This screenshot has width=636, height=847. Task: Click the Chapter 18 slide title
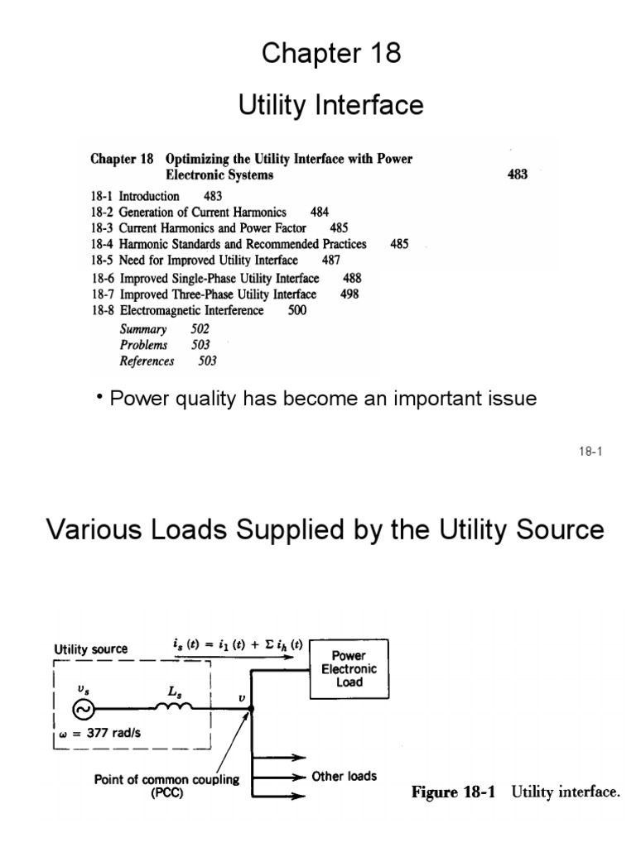(x=331, y=54)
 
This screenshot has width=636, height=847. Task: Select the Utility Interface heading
(x=330, y=105)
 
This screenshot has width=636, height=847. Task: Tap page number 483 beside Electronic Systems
(x=517, y=175)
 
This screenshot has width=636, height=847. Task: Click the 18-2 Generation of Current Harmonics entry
(x=198, y=212)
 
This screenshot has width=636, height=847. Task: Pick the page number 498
(x=349, y=294)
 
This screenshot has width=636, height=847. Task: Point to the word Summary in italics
(x=143, y=328)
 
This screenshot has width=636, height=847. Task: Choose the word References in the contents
(x=147, y=361)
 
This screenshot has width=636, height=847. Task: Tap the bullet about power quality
(x=316, y=399)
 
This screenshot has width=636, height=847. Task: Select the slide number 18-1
(x=589, y=452)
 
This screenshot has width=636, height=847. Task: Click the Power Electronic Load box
(x=349, y=668)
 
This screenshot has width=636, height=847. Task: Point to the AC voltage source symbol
(x=84, y=709)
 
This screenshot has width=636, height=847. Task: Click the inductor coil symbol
(x=174, y=706)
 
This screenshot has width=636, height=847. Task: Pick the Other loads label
(x=344, y=776)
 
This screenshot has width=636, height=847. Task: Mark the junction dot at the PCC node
(x=251, y=709)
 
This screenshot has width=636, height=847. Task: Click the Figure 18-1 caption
(x=515, y=792)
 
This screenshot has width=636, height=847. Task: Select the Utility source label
(x=91, y=649)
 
